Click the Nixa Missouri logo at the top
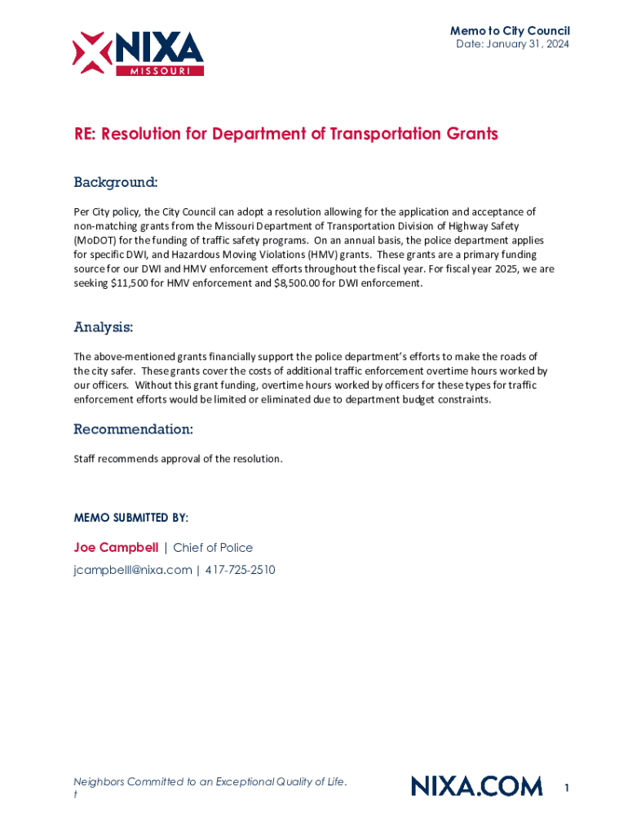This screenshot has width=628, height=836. [x=138, y=54]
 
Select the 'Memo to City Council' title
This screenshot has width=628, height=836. [x=510, y=31]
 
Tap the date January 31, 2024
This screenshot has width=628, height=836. [x=512, y=44]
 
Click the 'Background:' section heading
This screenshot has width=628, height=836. [x=115, y=181]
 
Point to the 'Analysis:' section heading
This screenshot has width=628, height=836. [x=103, y=327]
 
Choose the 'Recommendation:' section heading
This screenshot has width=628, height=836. [x=133, y=429]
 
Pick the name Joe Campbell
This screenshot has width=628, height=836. [x=116, y=548]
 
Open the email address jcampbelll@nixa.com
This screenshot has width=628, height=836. [x=132, y=570]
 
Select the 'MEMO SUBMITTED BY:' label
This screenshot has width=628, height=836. [x=130, y=518]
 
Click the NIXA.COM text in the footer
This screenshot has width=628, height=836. [x=476, y=786]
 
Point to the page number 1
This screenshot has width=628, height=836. [x=566, y=788]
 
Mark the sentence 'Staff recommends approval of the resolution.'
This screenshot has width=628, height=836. [x=178, y=459]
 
